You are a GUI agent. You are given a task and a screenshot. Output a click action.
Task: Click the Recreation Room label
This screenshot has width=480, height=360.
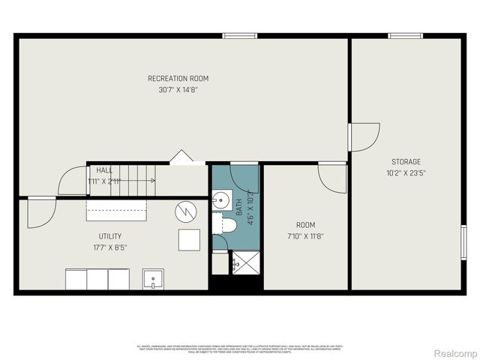point(178,79)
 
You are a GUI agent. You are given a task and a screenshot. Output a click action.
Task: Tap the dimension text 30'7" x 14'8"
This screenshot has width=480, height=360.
point(178,89)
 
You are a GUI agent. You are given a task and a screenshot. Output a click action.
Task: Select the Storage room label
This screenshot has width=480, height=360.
point(406,161)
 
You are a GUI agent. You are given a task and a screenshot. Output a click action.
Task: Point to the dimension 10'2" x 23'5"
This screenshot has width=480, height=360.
point(406,172)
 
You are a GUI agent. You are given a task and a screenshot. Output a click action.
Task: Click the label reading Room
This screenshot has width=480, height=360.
point(305,225)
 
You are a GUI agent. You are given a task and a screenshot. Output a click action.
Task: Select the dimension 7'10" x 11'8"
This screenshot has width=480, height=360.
point(305,236)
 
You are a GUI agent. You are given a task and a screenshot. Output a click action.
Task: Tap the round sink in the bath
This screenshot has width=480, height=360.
point(220,200)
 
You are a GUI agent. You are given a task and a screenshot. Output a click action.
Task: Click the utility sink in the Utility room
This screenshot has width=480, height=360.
point(154,278)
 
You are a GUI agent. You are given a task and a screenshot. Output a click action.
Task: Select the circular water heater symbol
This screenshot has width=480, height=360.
point(185,211)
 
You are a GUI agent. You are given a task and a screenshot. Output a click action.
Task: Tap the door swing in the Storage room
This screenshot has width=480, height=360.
point(364,137)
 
